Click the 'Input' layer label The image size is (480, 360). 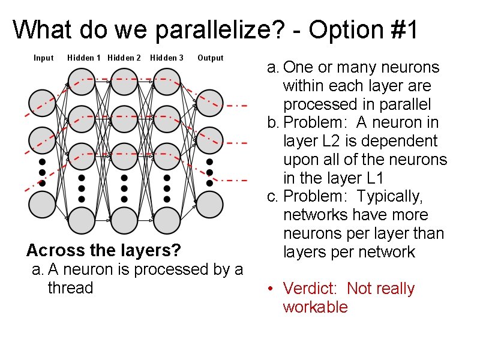coord(43,58)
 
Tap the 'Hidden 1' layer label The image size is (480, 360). coord(84,58)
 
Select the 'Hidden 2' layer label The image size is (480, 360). coord(124,58)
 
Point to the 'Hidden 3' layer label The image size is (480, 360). coord(167,58)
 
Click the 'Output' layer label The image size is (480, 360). coord(210,58)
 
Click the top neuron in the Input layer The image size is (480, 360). coord(43,103)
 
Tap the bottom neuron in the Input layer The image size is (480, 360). coord(43,205)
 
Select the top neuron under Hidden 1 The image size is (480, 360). coord(82,82)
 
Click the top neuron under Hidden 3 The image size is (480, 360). coord(167,82)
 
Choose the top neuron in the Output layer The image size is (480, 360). coord(209,103)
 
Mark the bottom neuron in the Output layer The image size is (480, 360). coord(209,205)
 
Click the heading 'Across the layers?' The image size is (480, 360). coord(104,250)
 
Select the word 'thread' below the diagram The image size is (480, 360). coord(70,288)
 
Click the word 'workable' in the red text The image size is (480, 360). coord(315,307)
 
